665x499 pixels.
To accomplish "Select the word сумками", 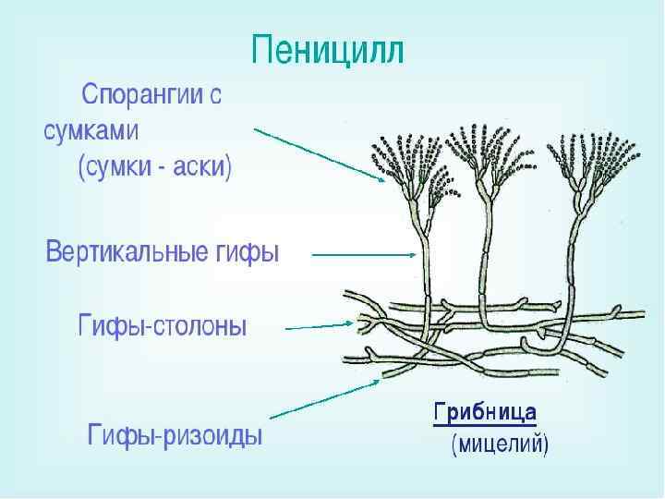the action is tap(91, 130).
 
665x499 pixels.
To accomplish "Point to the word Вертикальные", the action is tap(126, 251).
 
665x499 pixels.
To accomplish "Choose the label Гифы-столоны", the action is tap(162, 326).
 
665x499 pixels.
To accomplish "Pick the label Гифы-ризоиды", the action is tap(175, 434).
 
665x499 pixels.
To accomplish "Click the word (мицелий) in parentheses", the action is tap(500, 445).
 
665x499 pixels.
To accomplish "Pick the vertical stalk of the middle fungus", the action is tap(482, 249).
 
